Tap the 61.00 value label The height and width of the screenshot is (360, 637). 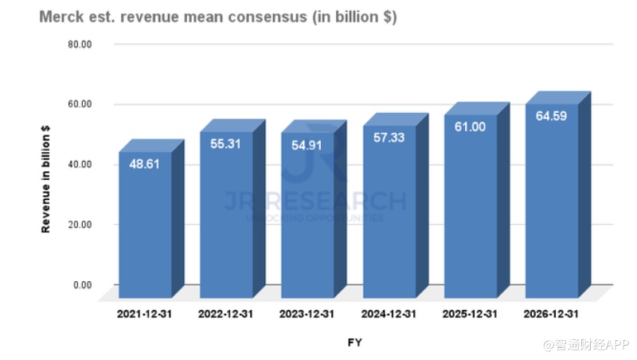point(470,126)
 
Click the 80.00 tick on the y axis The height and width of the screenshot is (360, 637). point(80,44)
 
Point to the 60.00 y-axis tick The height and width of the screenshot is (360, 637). point(80,104)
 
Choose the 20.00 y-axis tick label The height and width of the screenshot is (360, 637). point(80,225)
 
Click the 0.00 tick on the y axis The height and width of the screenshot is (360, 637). point(82,284)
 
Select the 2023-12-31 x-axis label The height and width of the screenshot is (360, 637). point(307,314)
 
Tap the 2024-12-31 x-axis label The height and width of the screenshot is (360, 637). point(389,314)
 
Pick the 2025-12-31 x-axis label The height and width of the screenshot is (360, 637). point(470,314)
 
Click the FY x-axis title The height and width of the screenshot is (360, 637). point(355,342)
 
